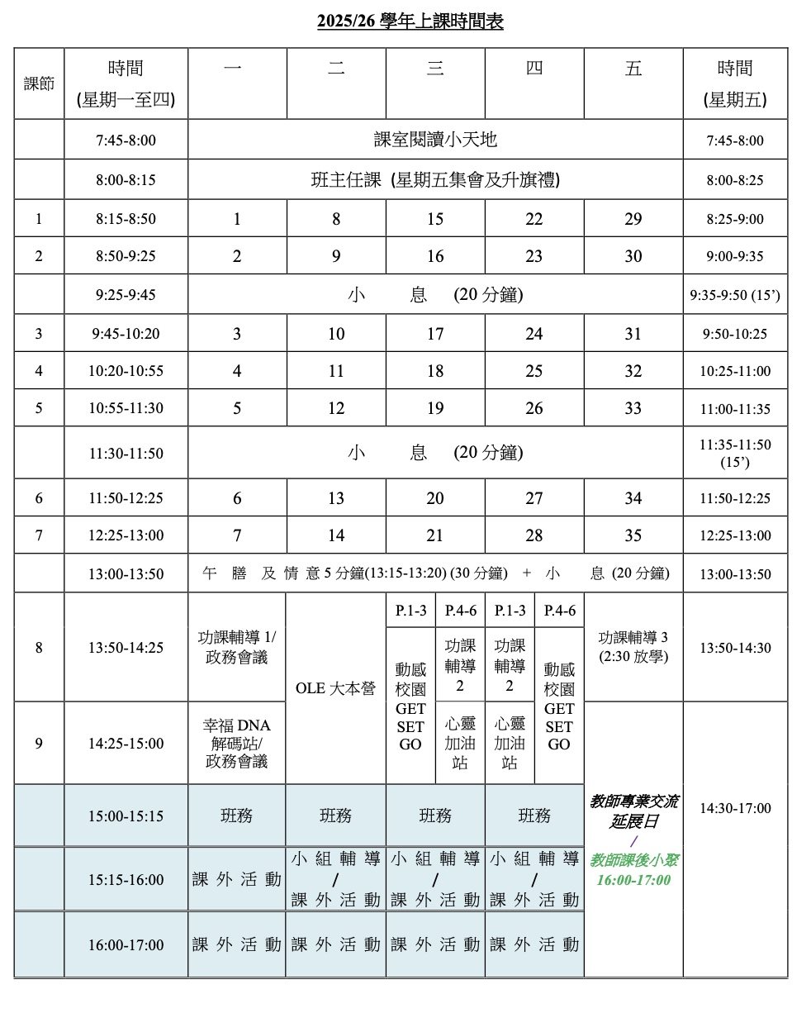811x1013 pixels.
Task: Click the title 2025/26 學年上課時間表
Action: pyautogui.click(x=410, y=22)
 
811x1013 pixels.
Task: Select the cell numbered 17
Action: pyautogui.click(x=435, y=334)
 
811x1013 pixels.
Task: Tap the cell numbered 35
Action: pyautogui.click(x=633, y=535)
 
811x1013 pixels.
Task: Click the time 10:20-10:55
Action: pyautogui.click(x=126, y=371)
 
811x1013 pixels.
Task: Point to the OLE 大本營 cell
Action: pyautogui.click(x=335, y=688)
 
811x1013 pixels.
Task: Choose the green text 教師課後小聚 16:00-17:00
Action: pyautogui.click(x=633, y=870)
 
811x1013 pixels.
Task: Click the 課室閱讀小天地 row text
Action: pyautogui.click(x=435, y=140)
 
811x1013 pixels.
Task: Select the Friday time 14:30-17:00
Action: pyautogui.click(x=735, y=808)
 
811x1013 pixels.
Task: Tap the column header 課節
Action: pyautogui.click(x=39, y=83)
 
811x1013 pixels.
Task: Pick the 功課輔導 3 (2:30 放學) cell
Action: pyautogui.click(x=633, y=647)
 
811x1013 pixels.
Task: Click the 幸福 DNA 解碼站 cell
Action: pyautogui.click(x=237, y=743)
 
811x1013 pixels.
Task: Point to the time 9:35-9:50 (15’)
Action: pyautogui.click(x=735, y=295)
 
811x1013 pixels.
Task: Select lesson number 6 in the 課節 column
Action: pyautogui.click(x=39, y=498)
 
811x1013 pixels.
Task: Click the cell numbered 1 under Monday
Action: pyautogui.click(x=237, y=219)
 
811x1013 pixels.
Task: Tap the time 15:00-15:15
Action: pyautogui.click(x=126, y=816)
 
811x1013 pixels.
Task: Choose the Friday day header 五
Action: pyautogui.click(x=633, y=69)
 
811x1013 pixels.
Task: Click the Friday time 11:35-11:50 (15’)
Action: pyautogui.click(x=735, y=453)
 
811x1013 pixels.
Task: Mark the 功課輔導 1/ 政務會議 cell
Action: pyautogui.click(x=237, y=647)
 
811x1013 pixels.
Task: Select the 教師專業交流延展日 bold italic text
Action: pyautogui.click(x=633, y=811)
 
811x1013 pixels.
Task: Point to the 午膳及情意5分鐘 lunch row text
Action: pyautogui.click(x=435, y=573)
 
